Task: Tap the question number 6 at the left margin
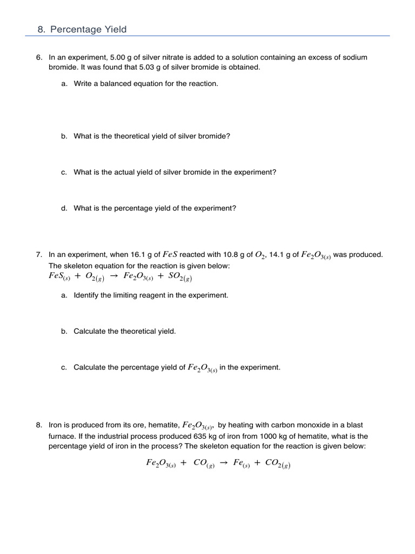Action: pyautogui.click(x=39, y=57)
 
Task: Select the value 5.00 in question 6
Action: pyautogui.click(x=119, y=57)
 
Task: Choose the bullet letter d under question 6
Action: pyautogui.click(x=64, y=208)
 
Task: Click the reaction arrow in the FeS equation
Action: pyautogui.click(x=114, y=276)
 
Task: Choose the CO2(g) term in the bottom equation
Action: pyautogui.click(x=277, y=464)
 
